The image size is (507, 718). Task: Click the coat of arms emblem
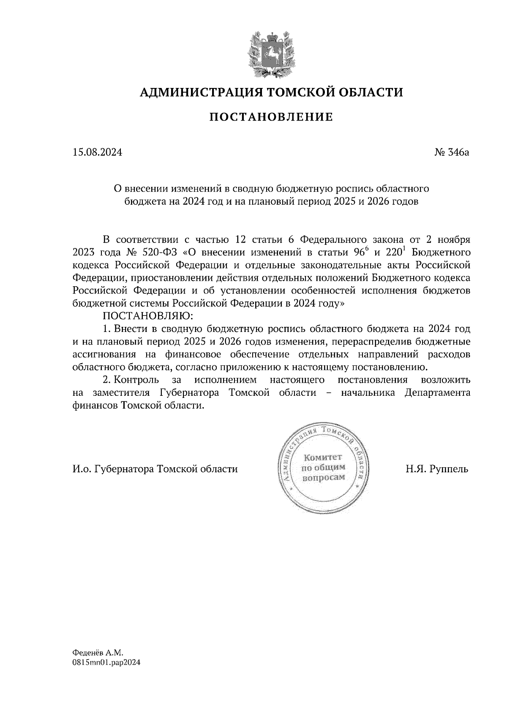[x=270, y=53]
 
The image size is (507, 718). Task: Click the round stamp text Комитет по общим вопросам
[x=322, y=468]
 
